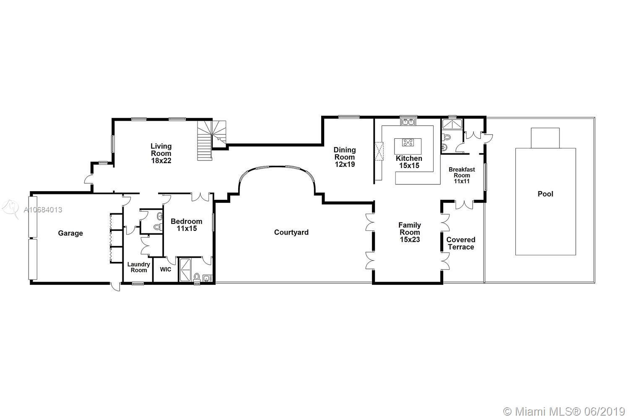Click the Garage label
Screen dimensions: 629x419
(x=70, y=233)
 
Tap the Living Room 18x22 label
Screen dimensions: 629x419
(x=161, y=153)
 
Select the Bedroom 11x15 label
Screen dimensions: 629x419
(x=187, y=225)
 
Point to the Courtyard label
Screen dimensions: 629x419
(x=291, y=233)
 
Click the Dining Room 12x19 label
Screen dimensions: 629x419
(x=345, y=157)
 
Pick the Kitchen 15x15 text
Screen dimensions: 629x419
(x=409, y=162)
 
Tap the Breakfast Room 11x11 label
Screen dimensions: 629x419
(x=462, y=175)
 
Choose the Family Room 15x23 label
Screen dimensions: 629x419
(x=410, y=232)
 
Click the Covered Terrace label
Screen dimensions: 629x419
(x=461, y=243)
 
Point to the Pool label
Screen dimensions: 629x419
(x=545, y=194)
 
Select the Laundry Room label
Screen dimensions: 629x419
(x=138, y=267)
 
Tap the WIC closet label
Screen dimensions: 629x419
(x=165, y=269)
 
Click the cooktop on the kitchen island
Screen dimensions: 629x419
(x=408, y=142)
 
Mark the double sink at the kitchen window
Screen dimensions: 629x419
(x=408, y=122)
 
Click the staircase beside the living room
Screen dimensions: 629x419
(x=211, y=140)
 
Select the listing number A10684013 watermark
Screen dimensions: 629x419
(x=43, y=209)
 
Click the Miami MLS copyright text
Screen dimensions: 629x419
(x=564, y=411)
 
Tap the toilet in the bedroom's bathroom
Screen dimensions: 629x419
(x=197, y=277)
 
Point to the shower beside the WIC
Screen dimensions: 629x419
(x=185, y=270)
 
